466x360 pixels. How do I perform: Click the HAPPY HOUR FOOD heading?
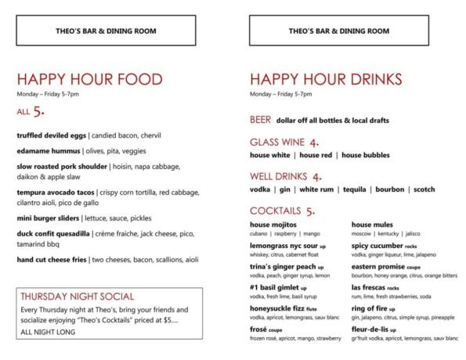click(89, 80)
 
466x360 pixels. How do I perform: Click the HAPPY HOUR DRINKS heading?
click(326, 80)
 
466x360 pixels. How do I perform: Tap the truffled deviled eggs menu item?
click(52, 135)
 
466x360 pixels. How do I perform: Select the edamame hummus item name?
click(49, 150)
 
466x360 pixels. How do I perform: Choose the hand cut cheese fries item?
click(52, 259)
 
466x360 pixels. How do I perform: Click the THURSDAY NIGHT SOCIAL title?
click(77, 297)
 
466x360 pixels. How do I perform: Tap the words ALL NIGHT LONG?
click(49, 333)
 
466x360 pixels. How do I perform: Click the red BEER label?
click(261, 121)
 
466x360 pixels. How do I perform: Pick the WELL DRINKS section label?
click(279, 177)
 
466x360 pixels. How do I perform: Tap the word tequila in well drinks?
click(356, 189)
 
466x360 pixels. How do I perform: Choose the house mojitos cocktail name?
click(274, 225)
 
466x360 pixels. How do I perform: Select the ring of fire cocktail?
click(370, 308)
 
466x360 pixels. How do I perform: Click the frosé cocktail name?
click(260, 329)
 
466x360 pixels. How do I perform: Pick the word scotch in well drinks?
click(424, 189)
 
